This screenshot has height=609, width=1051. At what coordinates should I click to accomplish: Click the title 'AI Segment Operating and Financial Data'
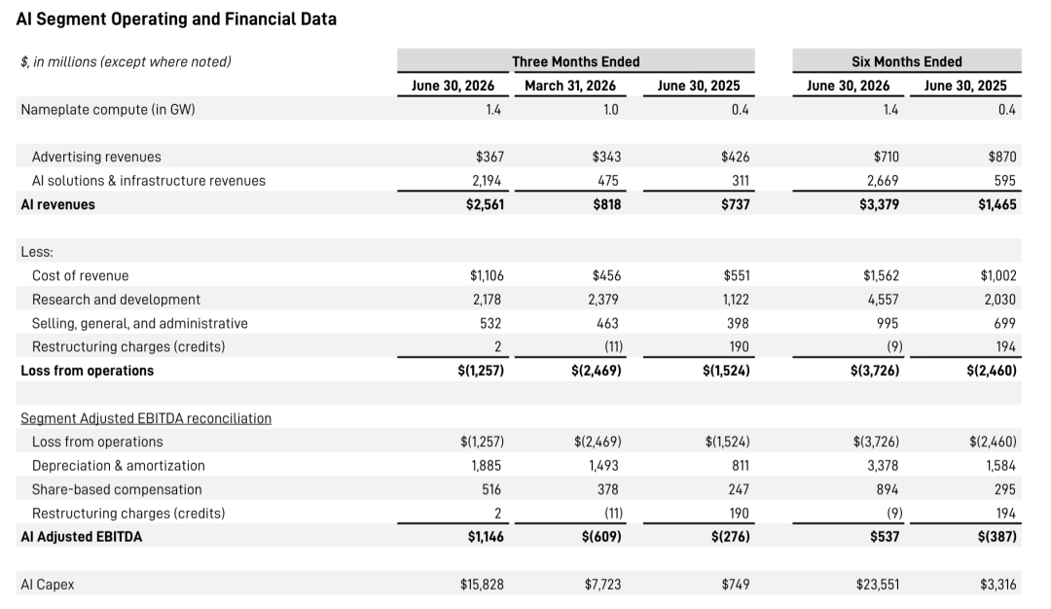tap(176, 18)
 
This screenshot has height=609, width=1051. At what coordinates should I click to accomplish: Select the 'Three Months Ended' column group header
tap(576, 61)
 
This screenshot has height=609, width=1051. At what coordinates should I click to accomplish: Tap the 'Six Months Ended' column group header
tap(907, 61)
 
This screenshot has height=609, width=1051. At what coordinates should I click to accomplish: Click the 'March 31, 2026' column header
tap(570, 86)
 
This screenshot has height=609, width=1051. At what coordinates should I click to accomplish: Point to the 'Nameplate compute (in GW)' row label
tap(108, 109)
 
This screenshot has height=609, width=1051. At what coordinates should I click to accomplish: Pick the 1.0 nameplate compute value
tap(610, 109)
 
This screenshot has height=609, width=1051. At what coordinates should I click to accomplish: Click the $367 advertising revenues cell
tap(489, 157)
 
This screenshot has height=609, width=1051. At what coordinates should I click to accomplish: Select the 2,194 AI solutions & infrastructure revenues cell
tap(487, 181)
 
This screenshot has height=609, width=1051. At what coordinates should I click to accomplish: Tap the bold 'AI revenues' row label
tap(57, 204)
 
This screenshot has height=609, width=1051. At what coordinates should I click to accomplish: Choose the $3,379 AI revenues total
tap(880, 204)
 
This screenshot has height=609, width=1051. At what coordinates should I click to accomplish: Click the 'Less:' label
tap(37, 252)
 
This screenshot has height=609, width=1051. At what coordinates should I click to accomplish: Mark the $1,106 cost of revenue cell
tap(487, 275)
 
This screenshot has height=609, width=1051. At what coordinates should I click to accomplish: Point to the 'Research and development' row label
tap(116, 300)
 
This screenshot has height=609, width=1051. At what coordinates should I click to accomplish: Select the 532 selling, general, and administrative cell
tap(490, 323)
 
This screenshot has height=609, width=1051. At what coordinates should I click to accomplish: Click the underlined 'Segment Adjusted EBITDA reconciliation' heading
tap(146, 418)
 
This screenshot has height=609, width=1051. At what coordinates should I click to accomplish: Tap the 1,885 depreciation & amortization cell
tap(486, 466)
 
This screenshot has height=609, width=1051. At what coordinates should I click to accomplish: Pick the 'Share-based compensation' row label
tap(117, 489)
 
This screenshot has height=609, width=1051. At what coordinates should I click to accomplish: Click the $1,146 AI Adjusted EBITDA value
tap(486, 537)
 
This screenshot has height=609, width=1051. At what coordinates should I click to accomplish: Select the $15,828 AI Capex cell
tap(482, 585)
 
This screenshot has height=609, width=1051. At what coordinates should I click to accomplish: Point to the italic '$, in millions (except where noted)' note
tap(126, 61)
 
